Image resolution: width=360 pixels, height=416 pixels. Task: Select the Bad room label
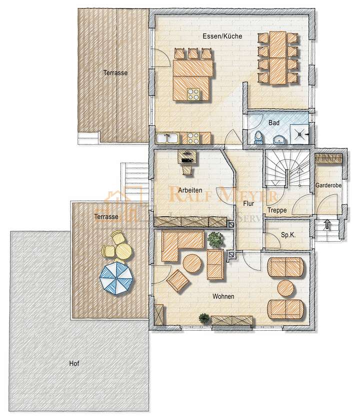click(273, 122)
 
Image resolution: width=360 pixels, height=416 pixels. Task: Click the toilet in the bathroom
click(258, 136)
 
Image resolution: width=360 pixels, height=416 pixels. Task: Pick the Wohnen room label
click(223, 296)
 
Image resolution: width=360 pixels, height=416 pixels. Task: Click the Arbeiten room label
click(190, 190)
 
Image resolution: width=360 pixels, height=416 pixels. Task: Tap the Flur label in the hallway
click(248, 204)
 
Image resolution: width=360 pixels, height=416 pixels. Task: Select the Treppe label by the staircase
click(276, 210)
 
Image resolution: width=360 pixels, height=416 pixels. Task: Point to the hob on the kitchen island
click(193, 92)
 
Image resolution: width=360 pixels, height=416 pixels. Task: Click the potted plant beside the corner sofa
click(215, 239)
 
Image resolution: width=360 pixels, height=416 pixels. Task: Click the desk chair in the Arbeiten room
click(187, 170)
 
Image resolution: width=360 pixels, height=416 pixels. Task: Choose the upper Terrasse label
click(115, 72)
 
